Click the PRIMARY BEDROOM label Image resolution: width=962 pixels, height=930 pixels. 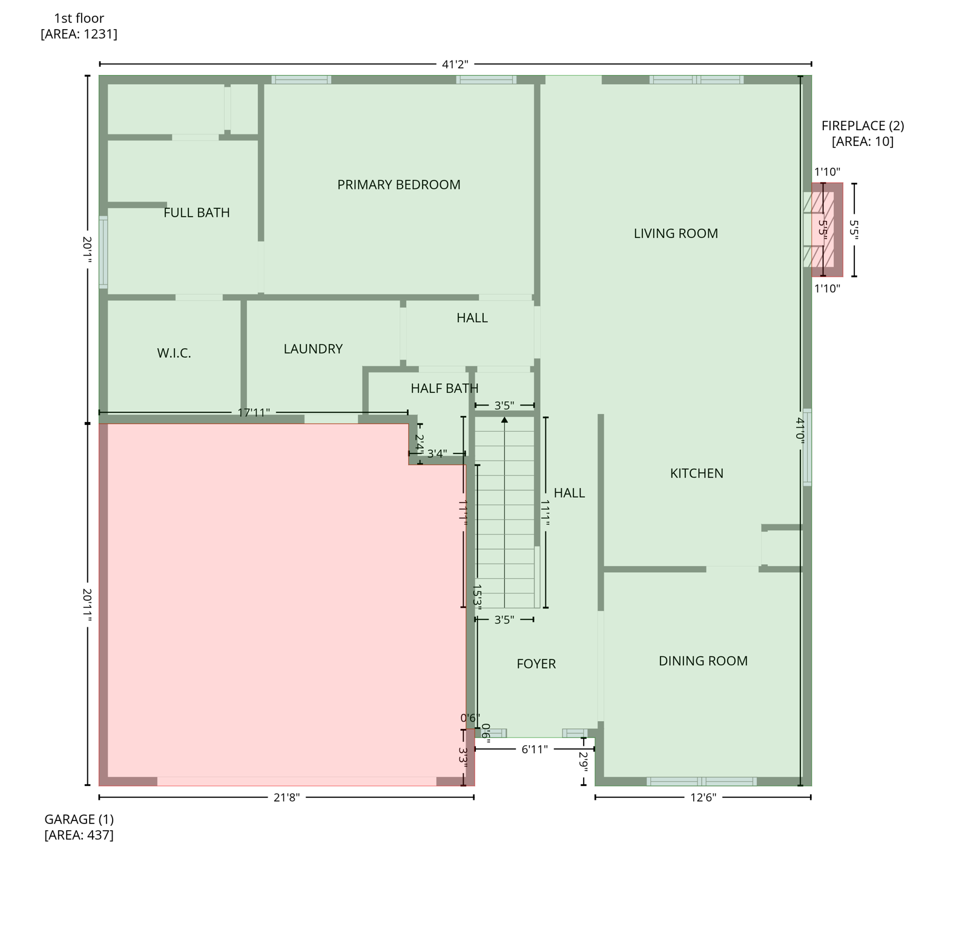(x=398, y=185)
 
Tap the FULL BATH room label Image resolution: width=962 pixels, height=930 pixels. (x=197, y=213)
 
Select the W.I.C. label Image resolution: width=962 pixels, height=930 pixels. (x=174, y=353)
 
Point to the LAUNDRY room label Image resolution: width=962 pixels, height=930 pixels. (x=313, y=349)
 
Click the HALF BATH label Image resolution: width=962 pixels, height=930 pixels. (x=444, y=388)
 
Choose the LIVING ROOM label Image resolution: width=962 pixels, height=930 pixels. (x=676, y=234)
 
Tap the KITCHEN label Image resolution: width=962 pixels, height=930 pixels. (x=696, y=473)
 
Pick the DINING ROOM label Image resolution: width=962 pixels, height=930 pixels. (x=703, y=661)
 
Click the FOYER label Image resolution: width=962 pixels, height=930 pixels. (x=536, y=664)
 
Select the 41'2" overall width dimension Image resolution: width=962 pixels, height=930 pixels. (x=455, y=64)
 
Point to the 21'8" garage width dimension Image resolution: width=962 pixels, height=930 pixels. (x=286, y=797)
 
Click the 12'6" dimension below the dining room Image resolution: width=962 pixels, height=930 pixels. (x=703, y=797)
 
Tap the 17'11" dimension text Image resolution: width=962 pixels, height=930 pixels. (x=254, y=413)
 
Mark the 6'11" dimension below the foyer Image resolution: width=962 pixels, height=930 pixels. (x=535, y=750)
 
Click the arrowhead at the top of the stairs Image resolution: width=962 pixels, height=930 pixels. (x=504, y=419)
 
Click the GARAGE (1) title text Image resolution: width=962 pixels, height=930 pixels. (x=79, y=819)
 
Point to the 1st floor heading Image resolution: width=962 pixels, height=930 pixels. (x=79, y=18)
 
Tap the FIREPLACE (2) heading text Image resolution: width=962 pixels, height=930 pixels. (x=862, y=126)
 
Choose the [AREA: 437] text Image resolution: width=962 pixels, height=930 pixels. (x=79, y=835)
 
